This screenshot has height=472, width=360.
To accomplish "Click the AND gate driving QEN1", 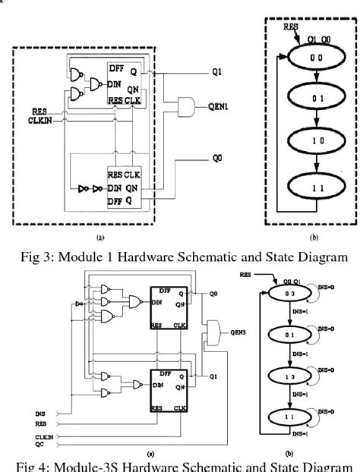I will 186,105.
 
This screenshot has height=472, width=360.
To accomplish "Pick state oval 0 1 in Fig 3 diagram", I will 311,99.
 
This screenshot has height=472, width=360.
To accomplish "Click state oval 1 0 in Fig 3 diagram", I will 311,141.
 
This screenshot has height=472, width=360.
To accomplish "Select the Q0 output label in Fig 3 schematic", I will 218,161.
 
